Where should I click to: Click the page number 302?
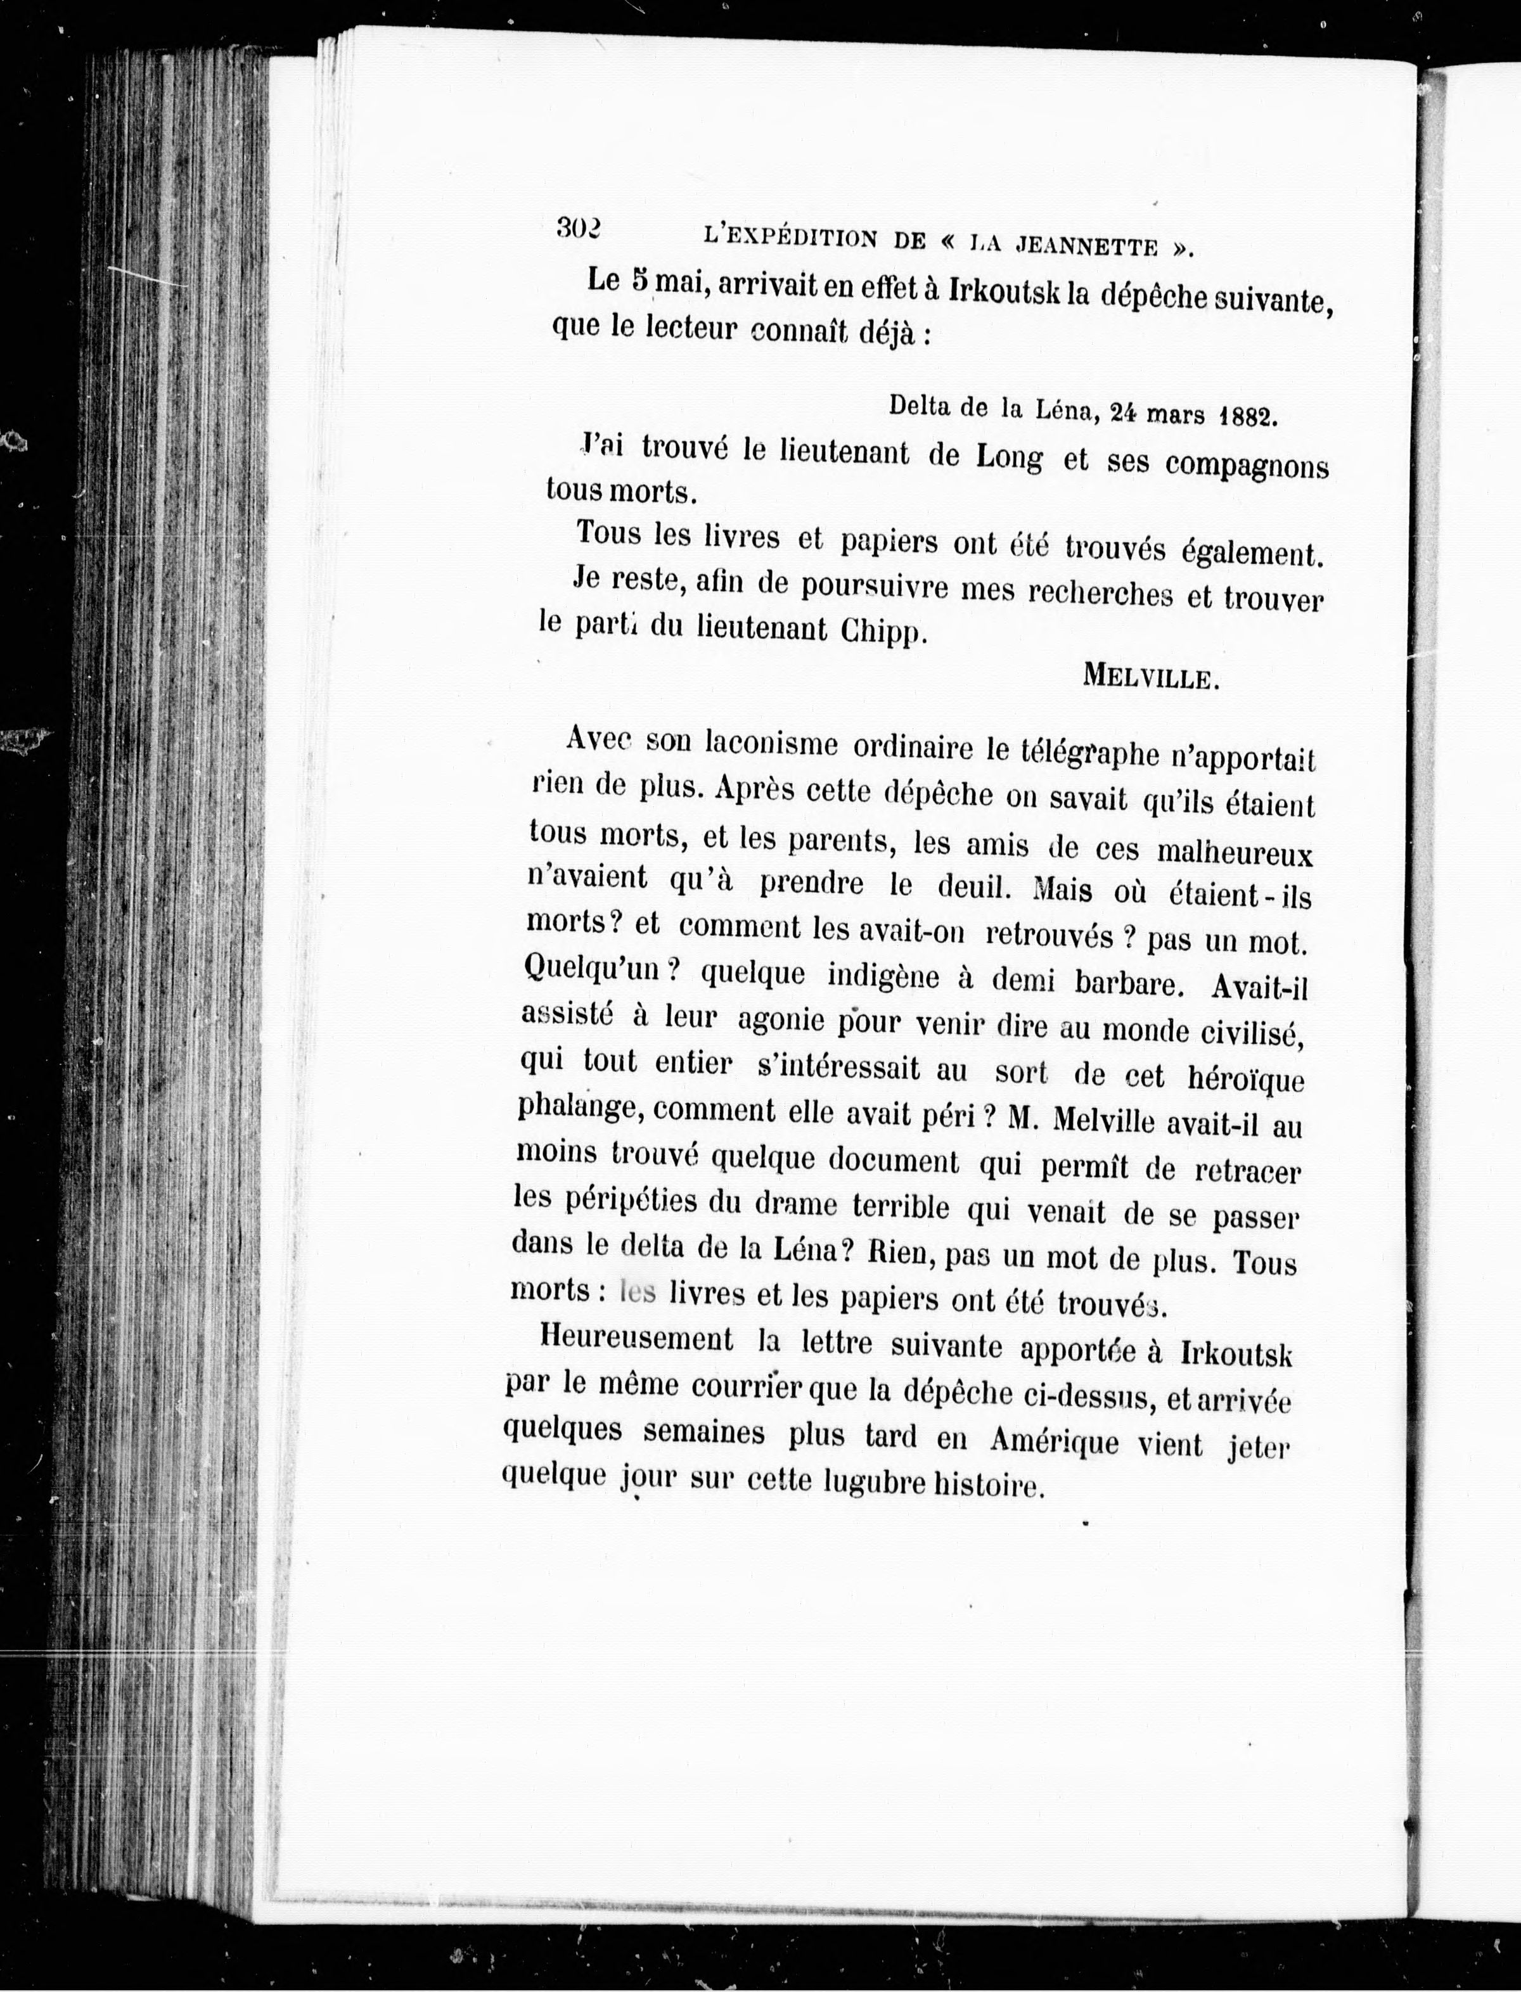point(579,227)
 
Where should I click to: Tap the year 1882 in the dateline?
point(1248,416)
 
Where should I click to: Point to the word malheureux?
point(1235,853)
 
